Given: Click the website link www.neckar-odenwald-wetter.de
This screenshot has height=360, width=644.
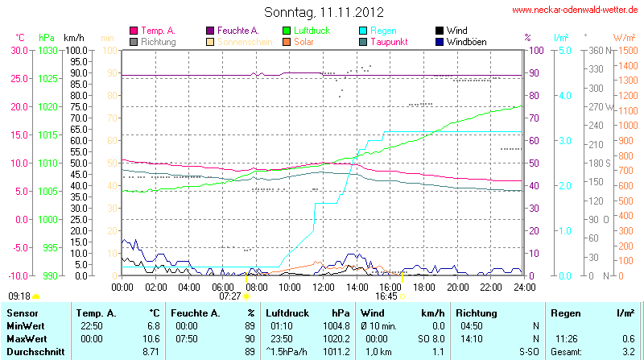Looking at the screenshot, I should [575, 10].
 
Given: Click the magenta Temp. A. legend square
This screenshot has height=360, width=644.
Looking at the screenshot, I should [134, 31].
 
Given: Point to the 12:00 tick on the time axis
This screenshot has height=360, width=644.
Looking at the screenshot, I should [323, 286].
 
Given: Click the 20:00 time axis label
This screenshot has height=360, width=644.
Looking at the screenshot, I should [457, 286].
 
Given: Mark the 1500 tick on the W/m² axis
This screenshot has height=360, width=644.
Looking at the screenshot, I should [625, 50].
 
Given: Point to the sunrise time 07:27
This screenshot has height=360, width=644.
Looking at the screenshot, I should [229, 296].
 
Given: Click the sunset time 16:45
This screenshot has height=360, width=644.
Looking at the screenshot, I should [386, 296].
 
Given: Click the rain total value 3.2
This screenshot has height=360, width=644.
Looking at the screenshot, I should [630, 352].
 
